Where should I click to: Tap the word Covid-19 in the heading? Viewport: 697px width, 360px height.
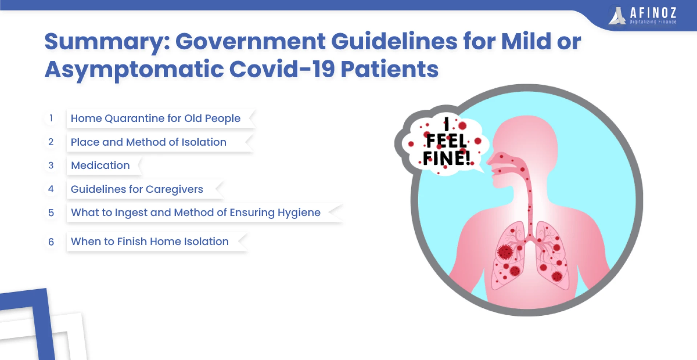pos(282,69)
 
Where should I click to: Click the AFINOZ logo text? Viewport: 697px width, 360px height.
pos(653,13)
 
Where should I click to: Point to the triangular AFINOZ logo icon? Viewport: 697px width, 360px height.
pos(617,16)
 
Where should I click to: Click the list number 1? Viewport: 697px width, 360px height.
pos(51,118)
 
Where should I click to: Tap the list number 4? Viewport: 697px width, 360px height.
pos(51,189)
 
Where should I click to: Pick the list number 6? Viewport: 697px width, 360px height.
pos(51,242)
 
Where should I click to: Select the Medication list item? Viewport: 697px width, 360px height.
pos(100,165)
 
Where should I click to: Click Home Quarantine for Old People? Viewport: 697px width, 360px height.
pos(155,119)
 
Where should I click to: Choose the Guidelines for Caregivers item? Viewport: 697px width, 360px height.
pos(137,189)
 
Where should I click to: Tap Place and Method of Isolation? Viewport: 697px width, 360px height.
pos(148,142)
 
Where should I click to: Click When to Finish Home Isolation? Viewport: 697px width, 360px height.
pos(150,241)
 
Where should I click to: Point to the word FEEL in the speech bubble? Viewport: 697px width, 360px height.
pos(446,141)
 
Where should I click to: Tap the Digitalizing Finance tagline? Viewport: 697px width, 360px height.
pos(653,22)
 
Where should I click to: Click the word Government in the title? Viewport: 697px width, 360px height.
pos(250,41)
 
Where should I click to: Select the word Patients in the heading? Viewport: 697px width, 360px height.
pos(390,69)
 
